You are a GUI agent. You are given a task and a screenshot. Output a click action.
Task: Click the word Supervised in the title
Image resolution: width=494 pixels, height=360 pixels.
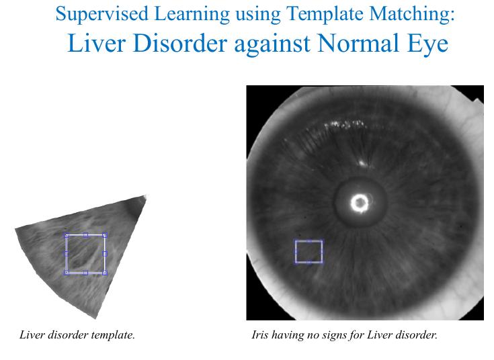pyautogui.click(x=101, y=15)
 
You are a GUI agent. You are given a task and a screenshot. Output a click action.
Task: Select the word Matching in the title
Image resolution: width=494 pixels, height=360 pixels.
pyautogui.click(x=412, y=15)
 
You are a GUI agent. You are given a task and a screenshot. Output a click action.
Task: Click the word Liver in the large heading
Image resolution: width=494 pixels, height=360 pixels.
pyautogui.click(x=97, y=43)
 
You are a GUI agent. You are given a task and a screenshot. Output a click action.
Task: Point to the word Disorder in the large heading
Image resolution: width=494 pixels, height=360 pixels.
pyautogui.click(x=180, y=43)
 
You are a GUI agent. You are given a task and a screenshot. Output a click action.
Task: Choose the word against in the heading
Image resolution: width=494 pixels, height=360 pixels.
pyautogui.click(x=272, y=45)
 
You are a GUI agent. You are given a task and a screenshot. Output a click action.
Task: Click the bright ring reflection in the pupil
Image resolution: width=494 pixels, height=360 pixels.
pyautogui.click(x=360, y=203)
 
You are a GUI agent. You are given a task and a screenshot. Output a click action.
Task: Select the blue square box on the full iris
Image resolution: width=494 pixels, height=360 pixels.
pyautogui.click(x=296, y=251)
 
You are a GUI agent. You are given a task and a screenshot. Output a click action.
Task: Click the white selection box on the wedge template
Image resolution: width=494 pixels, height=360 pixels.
pyautogui.click(x=66, y=253)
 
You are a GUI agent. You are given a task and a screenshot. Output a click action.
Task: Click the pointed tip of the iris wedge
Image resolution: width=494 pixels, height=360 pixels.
pyautogui.click(x=146, y=196)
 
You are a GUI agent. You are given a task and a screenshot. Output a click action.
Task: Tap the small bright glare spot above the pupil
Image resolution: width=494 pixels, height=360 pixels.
pyautogui.click(x=362, y=163)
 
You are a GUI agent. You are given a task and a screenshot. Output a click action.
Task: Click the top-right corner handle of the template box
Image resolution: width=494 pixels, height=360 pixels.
pyautogui.click(x=105, y=235)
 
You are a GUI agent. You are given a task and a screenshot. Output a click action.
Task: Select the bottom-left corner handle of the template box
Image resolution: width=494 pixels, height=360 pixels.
pyautogui.click(x=67, y=273)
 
